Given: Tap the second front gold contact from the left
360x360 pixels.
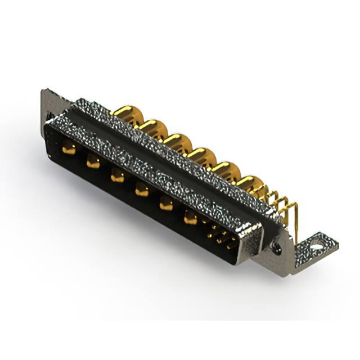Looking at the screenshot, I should (x=93, y=163).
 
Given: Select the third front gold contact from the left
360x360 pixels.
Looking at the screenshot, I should (x=117, y=177).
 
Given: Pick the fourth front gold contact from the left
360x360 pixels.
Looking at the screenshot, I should (x=141, y=191).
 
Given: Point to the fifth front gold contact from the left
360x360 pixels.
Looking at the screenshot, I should (x=166, y=204).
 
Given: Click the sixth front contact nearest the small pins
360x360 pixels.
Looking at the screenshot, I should (x=190, y=218).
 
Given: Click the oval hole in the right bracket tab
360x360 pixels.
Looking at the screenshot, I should (x=317, y=245).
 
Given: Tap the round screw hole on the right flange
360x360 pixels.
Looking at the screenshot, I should (x=276, y=247).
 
